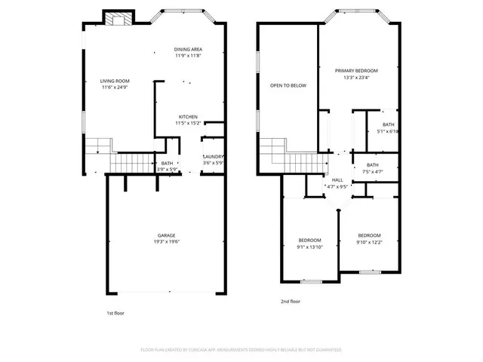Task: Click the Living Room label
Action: [x=115, y=81]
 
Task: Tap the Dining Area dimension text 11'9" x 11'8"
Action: [x=188, y=55]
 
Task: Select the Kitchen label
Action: [x=188, y=116]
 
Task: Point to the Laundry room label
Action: [x=214, y=157]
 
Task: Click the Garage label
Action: [x=167, y=235]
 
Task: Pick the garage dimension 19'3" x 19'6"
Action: [x=167, y=241]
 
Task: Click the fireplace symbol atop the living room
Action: [x=117, y=19]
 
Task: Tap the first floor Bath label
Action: [x=167, y=163]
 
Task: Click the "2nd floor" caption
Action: [x=290, y=301]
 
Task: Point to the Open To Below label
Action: [x=288, y=85]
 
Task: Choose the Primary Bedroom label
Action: [x=356, y=70]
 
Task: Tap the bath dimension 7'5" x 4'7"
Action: [x=373, y=171]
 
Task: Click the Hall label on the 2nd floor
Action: [x=337, y=179]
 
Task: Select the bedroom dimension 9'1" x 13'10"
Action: [x=309, y=246]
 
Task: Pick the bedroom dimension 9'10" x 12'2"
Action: [x=369, y=241]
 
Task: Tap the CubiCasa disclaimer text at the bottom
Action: [x=241, y=350]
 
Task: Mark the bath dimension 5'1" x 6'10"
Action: [x=388, y=131]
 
